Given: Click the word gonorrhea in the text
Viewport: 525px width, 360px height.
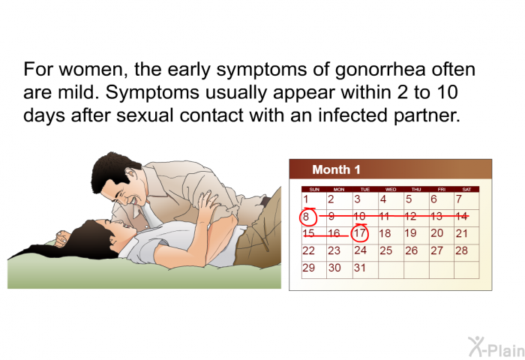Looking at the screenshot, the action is point(380,70).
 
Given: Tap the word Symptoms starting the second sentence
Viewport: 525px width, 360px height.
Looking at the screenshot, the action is point(152,93).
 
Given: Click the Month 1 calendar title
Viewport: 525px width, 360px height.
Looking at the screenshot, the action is point(336,169).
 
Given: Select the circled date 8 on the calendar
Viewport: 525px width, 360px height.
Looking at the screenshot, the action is point(307,216).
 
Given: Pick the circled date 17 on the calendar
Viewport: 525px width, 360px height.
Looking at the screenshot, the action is point(359,233).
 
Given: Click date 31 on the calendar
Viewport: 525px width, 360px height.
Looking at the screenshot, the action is point(359,268).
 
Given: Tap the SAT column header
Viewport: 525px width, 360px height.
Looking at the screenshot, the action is point(466,190).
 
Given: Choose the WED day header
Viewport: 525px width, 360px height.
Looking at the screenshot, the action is point(391,190).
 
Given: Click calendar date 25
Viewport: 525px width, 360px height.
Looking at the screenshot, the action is point(385,250).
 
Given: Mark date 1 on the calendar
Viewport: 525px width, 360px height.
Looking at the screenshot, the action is point(305,199).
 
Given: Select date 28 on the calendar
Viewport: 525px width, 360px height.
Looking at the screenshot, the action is point(461,250).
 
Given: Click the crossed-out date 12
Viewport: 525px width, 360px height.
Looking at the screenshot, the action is point(410,216).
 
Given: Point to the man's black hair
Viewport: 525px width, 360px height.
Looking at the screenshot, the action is point(112,169).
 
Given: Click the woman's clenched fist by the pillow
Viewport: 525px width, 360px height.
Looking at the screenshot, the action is point(62,238).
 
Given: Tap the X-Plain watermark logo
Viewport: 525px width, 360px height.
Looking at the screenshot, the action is point(496,347).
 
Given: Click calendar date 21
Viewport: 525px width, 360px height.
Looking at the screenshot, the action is point(461,233).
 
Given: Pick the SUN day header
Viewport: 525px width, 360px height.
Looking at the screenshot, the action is point(314,190).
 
